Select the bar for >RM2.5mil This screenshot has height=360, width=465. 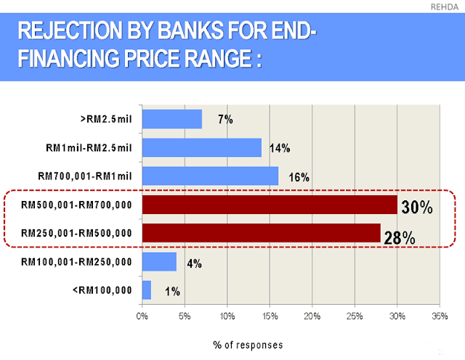[x=172, y=119]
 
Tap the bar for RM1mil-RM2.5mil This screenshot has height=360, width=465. [x=202, y=148]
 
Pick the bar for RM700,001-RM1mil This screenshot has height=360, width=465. [x=210, y=176]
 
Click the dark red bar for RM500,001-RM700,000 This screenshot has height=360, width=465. [x=270, y=205]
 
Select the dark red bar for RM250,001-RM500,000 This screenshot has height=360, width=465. [x=261, y=233]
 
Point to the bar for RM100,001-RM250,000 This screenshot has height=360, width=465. [x=159, y=261]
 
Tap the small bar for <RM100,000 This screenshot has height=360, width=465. [x=147, y=290]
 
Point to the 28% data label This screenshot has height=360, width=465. [x=400, y=237]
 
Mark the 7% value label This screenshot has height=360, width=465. [x=225, y=120]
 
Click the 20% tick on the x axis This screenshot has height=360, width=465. [x=312, y=316]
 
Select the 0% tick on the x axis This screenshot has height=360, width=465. [x=142, y=316]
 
